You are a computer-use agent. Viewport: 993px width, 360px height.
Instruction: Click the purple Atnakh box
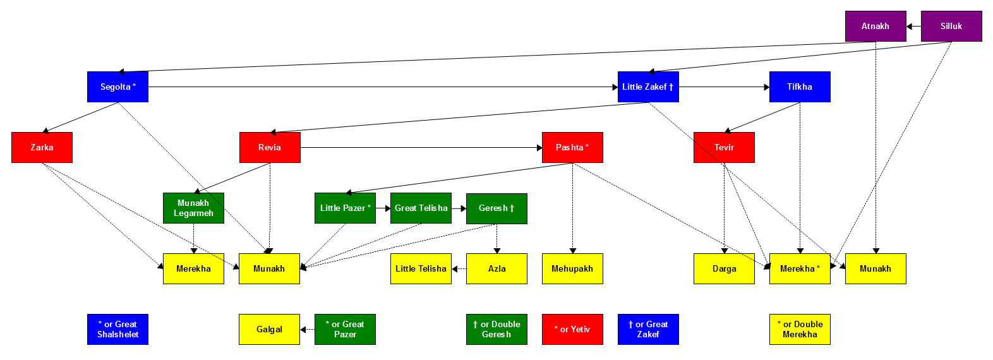tap(876, 26)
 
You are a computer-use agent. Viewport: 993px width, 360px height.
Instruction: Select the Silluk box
tap(951, 26)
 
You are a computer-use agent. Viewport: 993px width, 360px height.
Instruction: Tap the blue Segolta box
tap(117, 87)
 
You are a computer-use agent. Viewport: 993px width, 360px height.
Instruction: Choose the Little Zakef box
tap(648, 87)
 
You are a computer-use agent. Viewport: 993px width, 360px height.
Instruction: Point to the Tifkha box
tap(800, 87)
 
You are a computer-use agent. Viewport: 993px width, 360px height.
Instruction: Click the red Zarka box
tap(42, 147)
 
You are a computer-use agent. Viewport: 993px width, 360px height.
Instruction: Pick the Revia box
tap(270, 147)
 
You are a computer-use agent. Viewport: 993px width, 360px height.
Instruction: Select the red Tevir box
tap(724, 147)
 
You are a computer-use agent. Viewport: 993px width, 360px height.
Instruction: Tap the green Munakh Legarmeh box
tap(193, 208)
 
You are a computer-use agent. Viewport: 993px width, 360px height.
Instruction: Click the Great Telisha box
tap(421, 208)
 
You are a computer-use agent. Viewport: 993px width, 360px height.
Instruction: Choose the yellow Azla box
tap(496, 268)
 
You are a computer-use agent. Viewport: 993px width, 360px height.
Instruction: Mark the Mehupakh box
tap(572, 268)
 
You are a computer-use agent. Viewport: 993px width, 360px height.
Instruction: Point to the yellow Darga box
tap(724, 268)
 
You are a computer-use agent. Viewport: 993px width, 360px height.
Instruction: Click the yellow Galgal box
tap(269, 329)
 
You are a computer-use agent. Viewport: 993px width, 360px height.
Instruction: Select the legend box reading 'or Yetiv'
tap(572, 329)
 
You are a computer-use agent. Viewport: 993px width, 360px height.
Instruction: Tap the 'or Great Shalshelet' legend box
tap(117, 329)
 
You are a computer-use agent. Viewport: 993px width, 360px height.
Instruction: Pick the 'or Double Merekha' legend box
tap(800, 329)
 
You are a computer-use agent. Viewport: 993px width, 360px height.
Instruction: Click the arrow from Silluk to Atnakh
tap(913, 27)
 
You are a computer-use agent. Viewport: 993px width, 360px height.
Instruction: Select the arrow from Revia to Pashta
tap(421, 148)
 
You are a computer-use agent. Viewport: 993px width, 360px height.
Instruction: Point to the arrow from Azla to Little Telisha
tap(459, 269)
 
